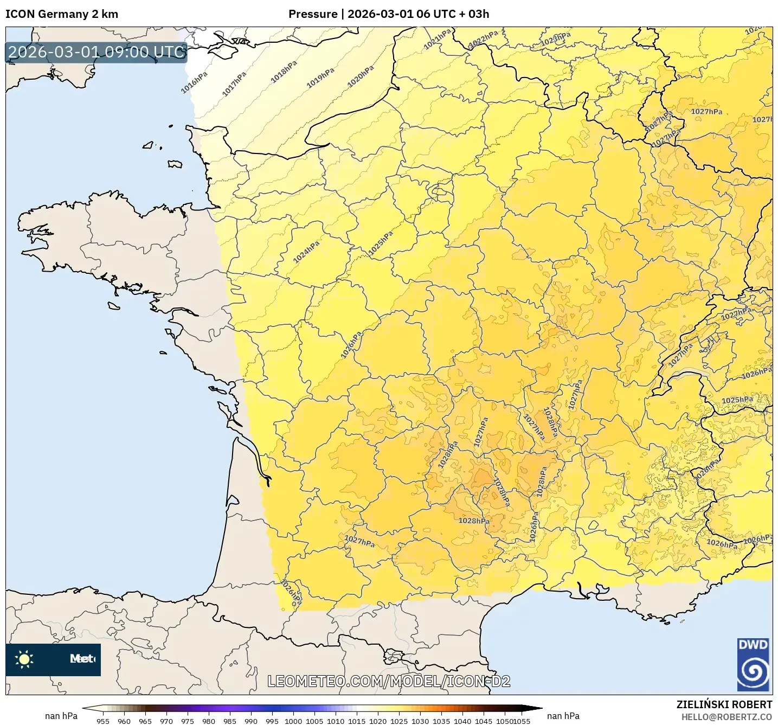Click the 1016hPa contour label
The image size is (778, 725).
[194, 82]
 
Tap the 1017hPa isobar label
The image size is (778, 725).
[234, 84]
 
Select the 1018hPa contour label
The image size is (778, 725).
[284, 72]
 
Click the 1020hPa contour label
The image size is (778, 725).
[361, 76]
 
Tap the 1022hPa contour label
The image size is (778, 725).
[483, 39]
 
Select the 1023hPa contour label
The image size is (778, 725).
[556, 39]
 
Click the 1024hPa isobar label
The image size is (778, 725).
[306, 252]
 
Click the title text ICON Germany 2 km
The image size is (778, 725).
[62, 14]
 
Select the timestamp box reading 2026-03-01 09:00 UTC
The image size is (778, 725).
[97, 52]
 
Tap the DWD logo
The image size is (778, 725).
[754, 664]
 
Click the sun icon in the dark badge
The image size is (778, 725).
[24, 659]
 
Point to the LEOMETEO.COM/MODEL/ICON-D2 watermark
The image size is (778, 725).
[389, 681]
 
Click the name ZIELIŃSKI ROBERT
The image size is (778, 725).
[724, 704]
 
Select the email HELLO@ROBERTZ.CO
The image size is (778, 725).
[726, 717]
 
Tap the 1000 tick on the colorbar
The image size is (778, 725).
[293, 721]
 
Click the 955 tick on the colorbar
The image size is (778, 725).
[103, 721]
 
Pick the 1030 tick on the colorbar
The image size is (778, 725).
[420, 721]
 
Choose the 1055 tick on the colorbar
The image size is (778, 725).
[522, 721]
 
